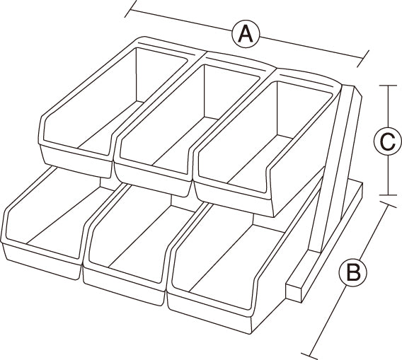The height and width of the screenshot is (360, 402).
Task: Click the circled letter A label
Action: click(x=246, y=34)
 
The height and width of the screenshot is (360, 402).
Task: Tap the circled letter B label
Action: click(x=352, y=272)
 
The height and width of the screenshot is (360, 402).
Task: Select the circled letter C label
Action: click(x=388, y=141)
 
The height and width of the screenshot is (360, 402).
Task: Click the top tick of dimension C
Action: click(x=388, y=86)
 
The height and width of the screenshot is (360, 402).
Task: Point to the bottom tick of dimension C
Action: click(x=388, y=195)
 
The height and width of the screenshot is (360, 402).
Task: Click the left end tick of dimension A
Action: click(x=131, y=10)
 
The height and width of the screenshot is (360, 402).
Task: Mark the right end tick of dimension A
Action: click(x=363, y=59)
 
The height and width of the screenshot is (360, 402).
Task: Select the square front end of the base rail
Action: click(x=294, y=292)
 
